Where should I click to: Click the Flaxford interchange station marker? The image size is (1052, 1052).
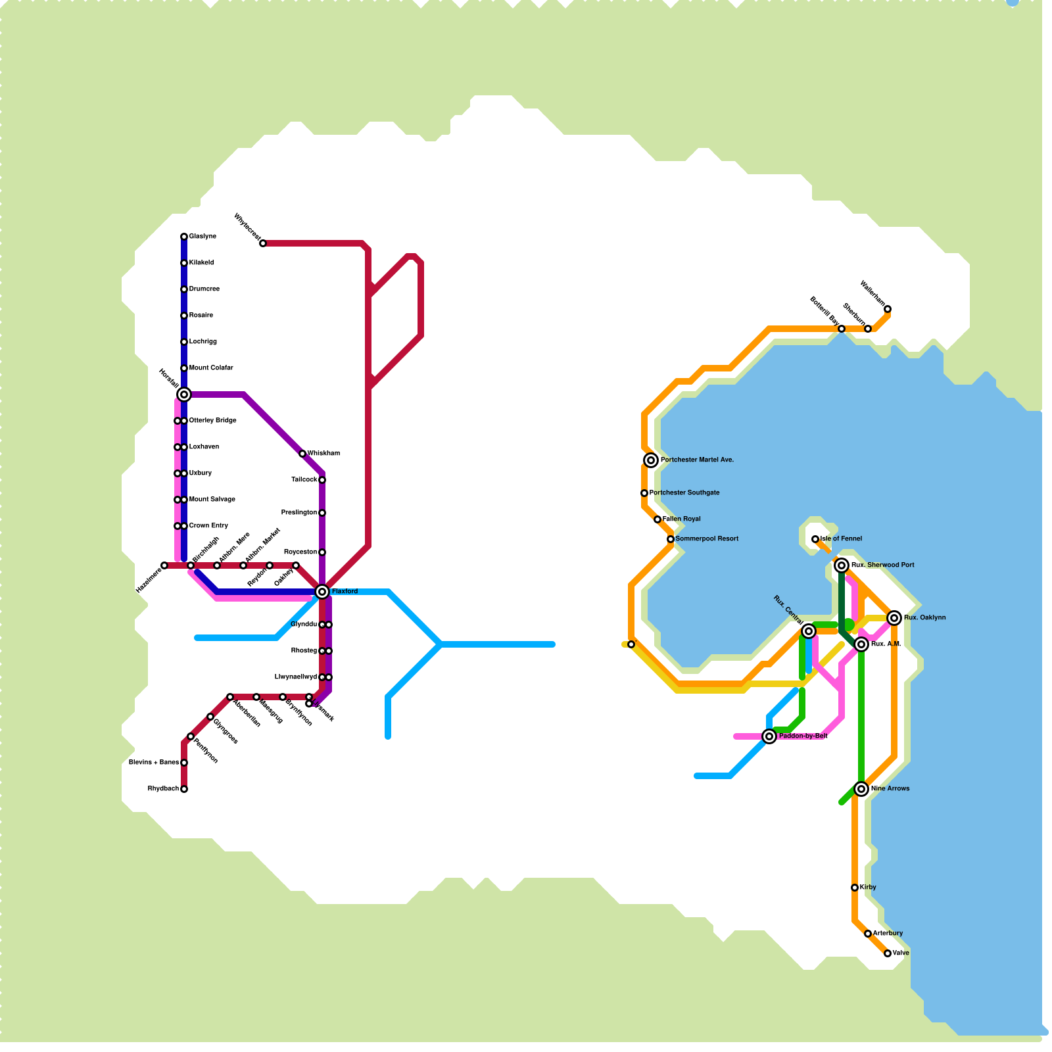[x=322, y=592]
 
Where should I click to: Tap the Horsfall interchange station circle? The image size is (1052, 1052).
[x=184, y=394]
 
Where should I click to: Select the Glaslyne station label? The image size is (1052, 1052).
[x=203, y=237]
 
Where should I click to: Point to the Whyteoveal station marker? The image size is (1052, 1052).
[x=263, y=243]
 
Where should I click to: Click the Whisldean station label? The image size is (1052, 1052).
[x=323, y=454]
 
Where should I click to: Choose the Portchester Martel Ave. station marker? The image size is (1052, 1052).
[x=651, y=460]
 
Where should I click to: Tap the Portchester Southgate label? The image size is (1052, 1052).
[x=684, y=493]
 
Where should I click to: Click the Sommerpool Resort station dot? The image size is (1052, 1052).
[x=671, y=539]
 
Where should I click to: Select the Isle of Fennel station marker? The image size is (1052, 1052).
[x=815, y=539]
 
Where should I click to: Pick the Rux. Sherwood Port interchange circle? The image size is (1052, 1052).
[x=842, y=565]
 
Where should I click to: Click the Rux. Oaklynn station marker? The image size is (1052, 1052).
[x=894, y=618]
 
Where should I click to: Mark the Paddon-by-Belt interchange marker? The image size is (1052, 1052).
[x=769, y=736]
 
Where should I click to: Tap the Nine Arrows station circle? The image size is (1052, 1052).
[x=861, y=789]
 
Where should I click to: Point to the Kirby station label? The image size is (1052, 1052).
[x=868, y=888]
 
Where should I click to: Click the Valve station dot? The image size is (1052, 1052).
[x=888, y=953]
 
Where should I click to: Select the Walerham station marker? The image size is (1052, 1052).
[x=888, y=309]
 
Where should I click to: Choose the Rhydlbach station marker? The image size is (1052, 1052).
[x=184, y=789]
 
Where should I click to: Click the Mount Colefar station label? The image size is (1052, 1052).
[x=211, y=368]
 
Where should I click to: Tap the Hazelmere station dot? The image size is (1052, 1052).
[x=164, y=565]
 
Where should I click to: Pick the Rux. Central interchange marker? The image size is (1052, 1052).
[x=809, y=631]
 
